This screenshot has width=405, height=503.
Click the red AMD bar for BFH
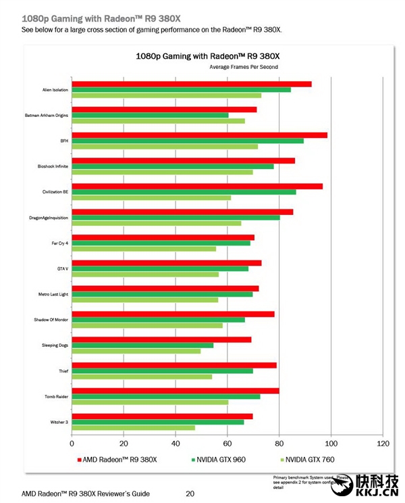pos(199,135)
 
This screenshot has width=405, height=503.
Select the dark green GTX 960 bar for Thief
pos(162,371)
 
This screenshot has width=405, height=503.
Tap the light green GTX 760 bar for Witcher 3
pos(133,428)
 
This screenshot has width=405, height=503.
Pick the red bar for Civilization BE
pos(197,186)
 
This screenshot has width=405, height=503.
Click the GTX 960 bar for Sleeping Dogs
pos(142,345)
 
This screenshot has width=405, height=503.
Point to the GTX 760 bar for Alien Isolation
pos(166,95)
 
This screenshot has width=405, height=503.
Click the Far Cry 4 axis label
pos(60,243)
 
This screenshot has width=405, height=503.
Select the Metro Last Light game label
pos(53,294)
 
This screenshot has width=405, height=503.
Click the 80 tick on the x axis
pos(279,444)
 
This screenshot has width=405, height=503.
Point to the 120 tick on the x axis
pos(383,444)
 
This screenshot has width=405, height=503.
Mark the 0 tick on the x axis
pos(72,444)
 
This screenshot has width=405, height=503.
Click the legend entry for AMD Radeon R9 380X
pos(119,460)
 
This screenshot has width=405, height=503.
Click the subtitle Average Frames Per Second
pos(244,67)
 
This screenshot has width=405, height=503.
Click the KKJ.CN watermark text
pos(377,492)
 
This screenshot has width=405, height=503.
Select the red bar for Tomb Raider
pos(175,391)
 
